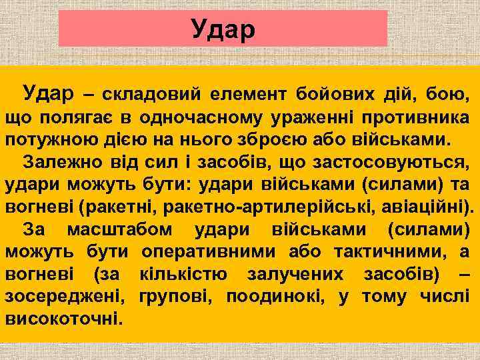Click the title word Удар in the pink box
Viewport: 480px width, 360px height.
223,29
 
